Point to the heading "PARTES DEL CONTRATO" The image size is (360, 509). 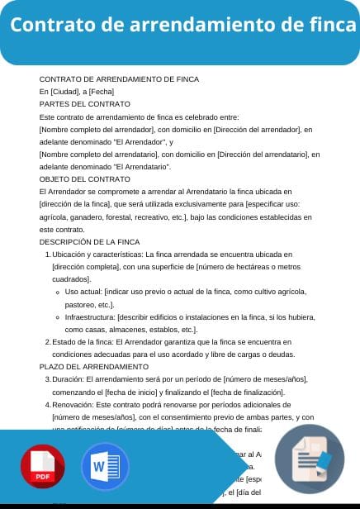85,104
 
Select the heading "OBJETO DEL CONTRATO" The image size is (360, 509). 85,178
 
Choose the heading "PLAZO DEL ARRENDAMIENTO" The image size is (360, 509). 94,366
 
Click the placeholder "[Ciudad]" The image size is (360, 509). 64,91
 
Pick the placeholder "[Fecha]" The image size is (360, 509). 102,91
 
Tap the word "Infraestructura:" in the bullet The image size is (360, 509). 91,316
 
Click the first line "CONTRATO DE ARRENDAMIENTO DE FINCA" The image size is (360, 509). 119,78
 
